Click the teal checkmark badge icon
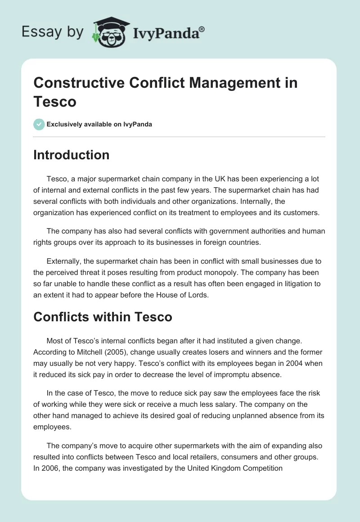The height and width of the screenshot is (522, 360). (39, 124)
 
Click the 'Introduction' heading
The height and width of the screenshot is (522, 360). (72, 155)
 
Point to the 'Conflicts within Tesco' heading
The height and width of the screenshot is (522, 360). (103, 317)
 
